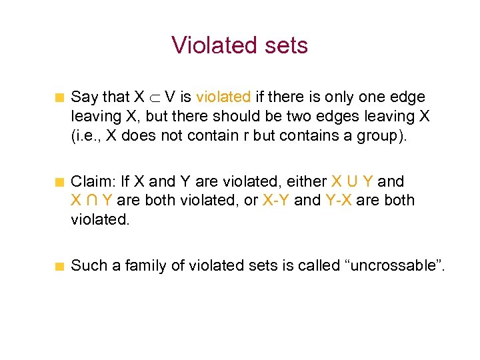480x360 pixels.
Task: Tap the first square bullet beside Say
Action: (x=59, y=98)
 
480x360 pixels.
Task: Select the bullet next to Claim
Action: (x=59, y=182)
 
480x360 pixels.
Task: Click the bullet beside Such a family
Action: (x=59, y=267)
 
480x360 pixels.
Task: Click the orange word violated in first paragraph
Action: (x=223, y=97)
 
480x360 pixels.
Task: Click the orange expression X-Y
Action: (x=276, y=200)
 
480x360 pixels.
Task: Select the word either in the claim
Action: (x=309, y=181)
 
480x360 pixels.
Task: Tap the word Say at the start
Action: (x=85, y=97)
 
